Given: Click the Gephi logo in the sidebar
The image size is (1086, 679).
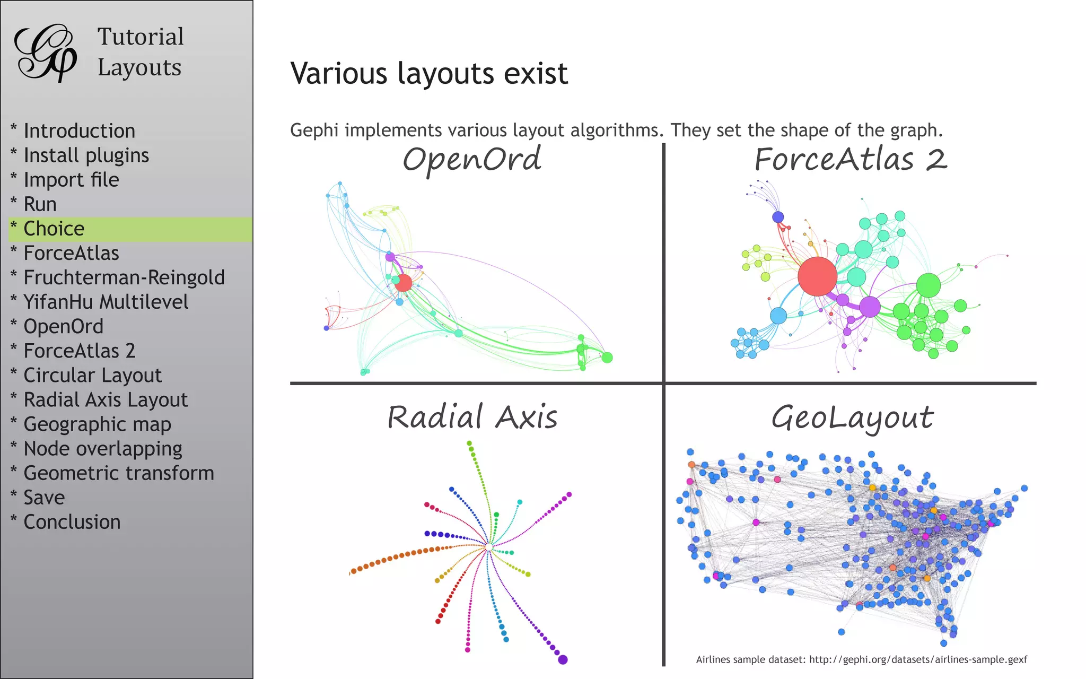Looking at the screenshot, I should (x=46, y=53).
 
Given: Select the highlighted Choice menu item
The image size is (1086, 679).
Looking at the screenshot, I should (x=54, y=229).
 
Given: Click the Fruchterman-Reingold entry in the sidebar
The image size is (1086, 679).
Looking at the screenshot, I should (x=124, y=277).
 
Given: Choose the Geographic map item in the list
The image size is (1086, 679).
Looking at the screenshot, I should (x=98, y=424).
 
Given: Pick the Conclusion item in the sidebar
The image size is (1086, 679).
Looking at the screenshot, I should (x=72, y=522).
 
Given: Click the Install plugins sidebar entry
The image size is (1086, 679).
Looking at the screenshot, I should (x=86, y=155).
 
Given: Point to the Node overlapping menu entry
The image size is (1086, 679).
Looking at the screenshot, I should (x=103, y=449).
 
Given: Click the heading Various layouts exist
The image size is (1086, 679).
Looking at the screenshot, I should (x=429, y=73).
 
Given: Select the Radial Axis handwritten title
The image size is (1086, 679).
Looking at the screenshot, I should (x=472, y=417).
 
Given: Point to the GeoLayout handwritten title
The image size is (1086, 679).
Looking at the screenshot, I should (x=852, y=418).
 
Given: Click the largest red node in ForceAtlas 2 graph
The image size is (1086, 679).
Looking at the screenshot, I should (x=817, y=276).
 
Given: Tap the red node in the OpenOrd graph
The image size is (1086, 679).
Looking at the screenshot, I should (x=403, y=283).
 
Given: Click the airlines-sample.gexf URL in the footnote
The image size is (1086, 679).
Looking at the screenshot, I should (x=918, y=659).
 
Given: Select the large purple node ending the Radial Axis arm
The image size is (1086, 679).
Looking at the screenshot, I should (x=563, y=659).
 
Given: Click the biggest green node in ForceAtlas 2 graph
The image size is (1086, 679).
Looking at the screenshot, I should (x=928, y=285).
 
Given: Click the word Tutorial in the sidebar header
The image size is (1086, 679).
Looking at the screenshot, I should (x=141, y=37).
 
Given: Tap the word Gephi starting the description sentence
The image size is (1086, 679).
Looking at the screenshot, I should (x=314, y=130).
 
